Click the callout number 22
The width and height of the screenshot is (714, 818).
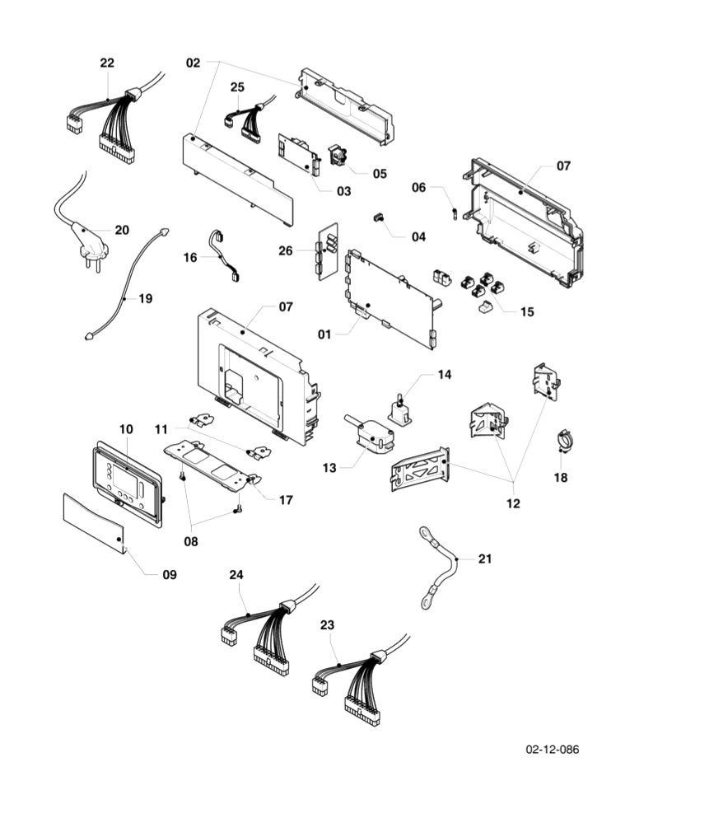[107, 63]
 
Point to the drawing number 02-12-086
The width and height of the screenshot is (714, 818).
[552, 749]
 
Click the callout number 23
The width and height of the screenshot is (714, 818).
[327, 625]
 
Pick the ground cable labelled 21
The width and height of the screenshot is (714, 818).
[442, 569]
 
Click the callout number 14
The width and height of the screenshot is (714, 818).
[444, 375]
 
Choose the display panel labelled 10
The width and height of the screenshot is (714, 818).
[127, 481]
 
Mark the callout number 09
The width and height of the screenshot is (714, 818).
[169, 574]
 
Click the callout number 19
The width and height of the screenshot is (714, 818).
[145, 298]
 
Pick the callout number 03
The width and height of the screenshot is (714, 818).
[343, 191]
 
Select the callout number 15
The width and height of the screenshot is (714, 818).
[526, 311]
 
